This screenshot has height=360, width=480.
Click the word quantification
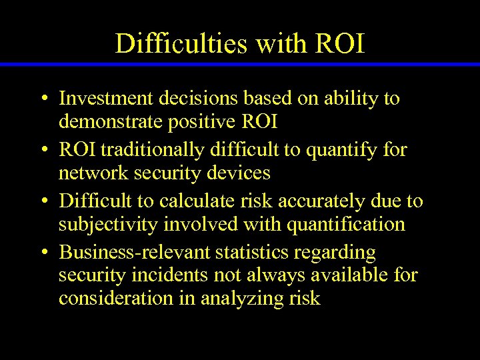346,224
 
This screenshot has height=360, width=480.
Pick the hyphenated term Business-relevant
133,253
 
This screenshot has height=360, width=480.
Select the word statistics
254,253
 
